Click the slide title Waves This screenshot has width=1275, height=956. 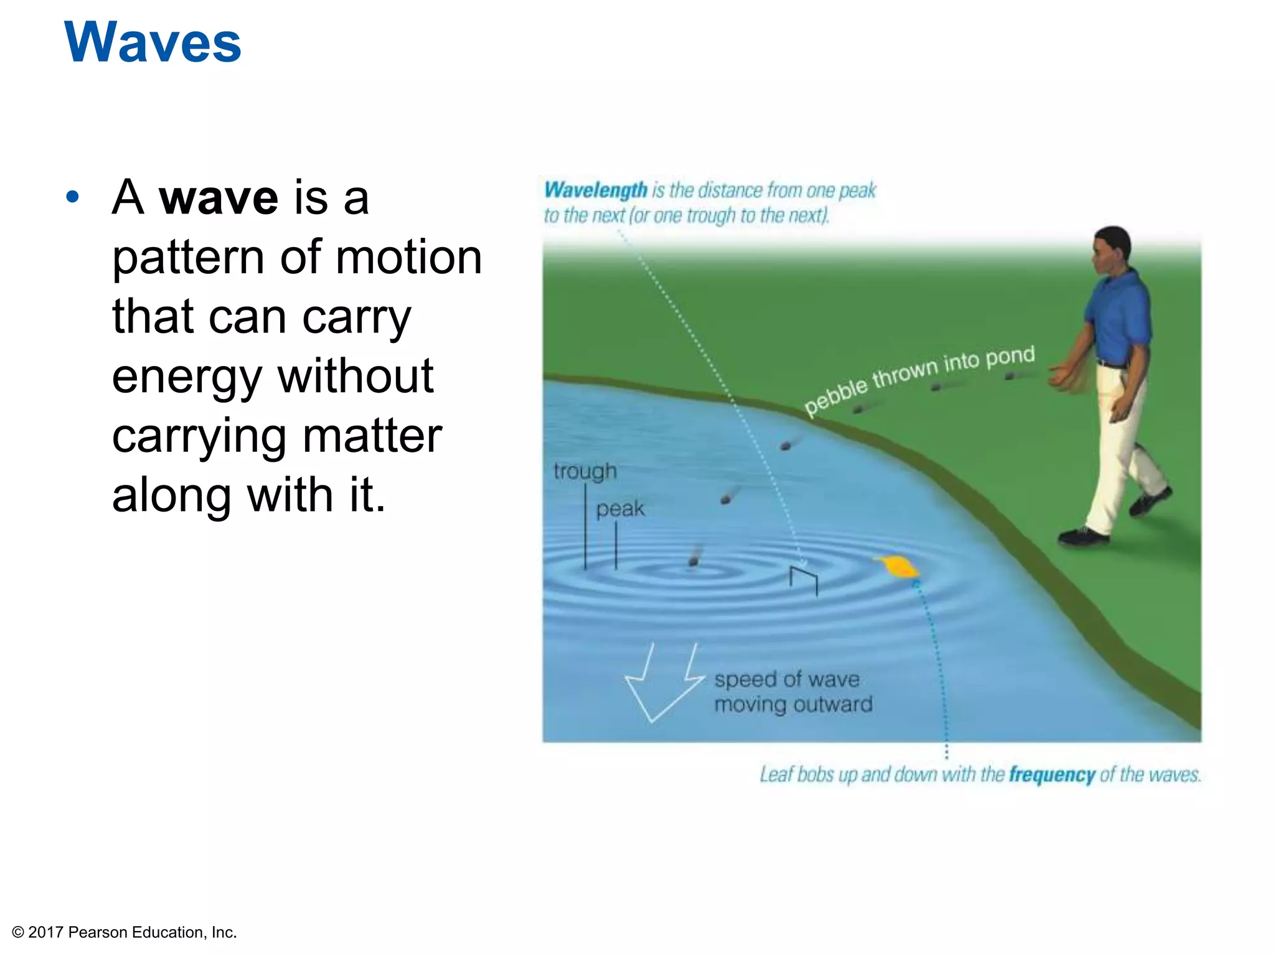coord(152,42)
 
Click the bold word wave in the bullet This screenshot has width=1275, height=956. coord(219,198)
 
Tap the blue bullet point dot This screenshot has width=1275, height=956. coord(73,197)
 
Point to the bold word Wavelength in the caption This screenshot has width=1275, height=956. coord(595,190)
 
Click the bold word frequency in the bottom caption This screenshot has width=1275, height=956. coord(1052,774)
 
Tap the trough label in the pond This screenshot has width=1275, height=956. coord(585,471)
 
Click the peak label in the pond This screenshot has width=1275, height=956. coord(619,508)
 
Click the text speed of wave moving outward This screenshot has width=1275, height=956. coord(792,691)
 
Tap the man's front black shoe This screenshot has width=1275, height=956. coord(1084,536)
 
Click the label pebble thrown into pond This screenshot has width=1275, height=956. coord(919,379)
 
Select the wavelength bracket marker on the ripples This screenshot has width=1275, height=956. coord(803,578)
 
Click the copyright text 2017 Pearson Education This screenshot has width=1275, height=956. coord(125,932)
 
